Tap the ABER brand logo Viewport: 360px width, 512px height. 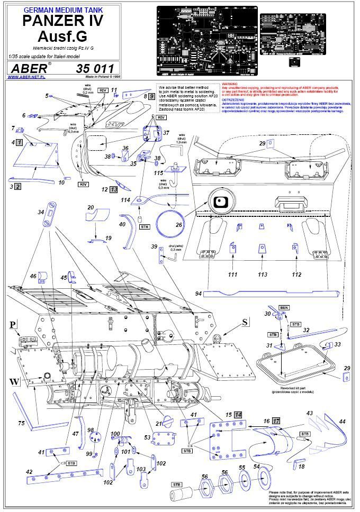click(x=29, y=69)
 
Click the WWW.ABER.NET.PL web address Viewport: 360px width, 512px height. click(x=26, y=77)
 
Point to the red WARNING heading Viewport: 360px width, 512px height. click(x=230, y=84)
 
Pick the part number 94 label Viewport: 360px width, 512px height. click(x=198, y=292)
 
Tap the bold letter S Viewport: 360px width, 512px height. click(x=244, y=322)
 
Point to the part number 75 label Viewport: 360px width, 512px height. click(x=22, y=423)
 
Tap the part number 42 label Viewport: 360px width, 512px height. click(x=29, y=472)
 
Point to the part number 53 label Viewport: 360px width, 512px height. click(x=147, y=437)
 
